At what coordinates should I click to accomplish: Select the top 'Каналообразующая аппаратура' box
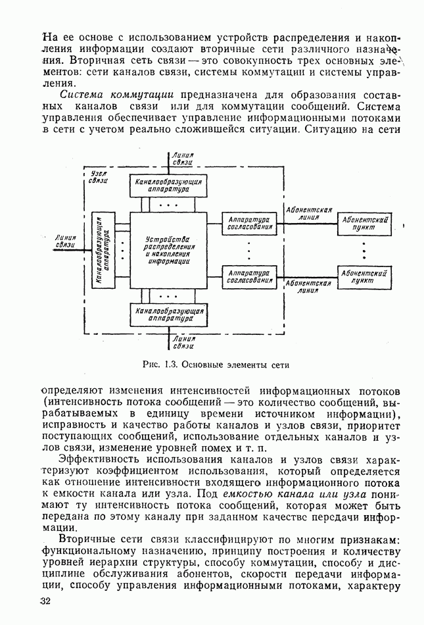[170, 184]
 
